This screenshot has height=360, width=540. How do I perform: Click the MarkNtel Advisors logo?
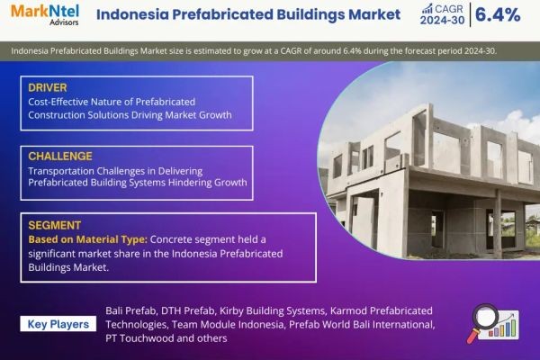click(x=45, y=14)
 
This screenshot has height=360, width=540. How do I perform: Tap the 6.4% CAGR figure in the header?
click(x=498, y=14)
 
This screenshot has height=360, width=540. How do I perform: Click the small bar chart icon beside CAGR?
click(x=427, y=9)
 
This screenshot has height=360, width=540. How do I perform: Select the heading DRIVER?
click(x=48, y=87)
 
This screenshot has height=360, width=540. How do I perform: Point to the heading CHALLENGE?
click(x=60, y=157)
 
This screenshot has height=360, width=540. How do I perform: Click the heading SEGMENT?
click(x=54, y=225)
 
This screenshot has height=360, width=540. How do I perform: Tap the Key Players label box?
click(x=58, y=324)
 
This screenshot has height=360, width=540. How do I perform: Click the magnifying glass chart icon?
click(x=493, y=323)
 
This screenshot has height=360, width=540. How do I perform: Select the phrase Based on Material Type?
click(x=88, y=239)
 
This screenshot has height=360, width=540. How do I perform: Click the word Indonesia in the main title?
click(x=132, y=14)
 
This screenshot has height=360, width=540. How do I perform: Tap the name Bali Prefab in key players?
click(x=130, y=310)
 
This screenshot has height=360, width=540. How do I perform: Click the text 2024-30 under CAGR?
click(x=442, y=21)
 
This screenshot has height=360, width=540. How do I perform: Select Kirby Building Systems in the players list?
click(x=272, y=310)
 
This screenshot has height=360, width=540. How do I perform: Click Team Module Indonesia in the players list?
click(x=228, y=325)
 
